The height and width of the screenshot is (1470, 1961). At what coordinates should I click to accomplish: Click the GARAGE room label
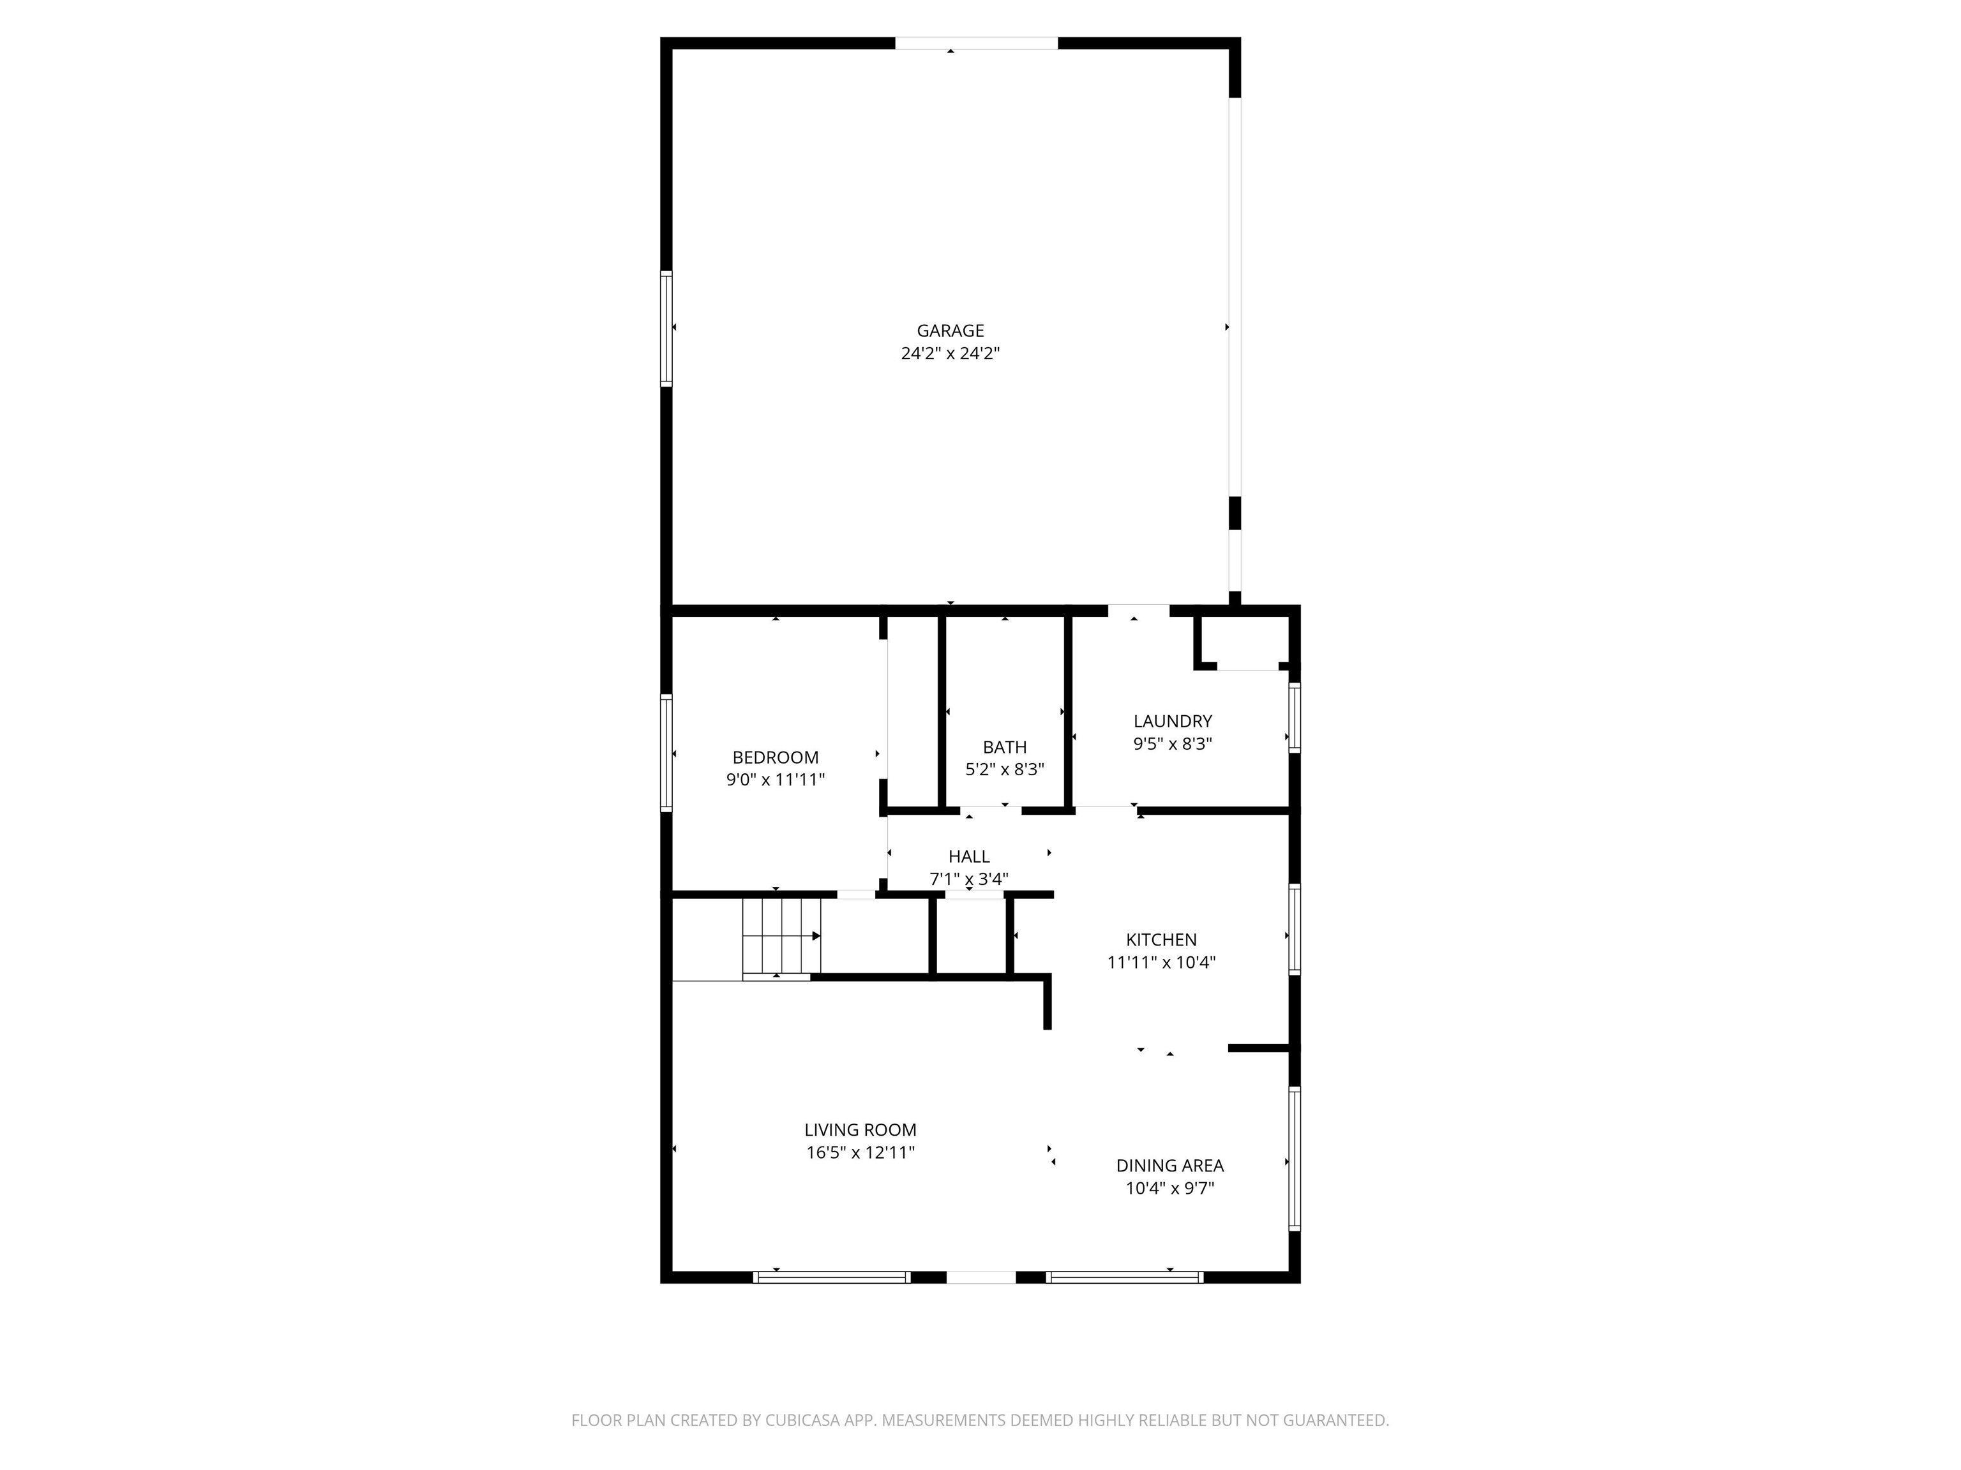pos(950,330)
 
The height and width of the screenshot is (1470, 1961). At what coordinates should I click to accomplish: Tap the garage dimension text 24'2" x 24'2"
pos(950,353)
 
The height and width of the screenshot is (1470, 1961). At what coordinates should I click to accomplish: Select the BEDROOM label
pos(776,757)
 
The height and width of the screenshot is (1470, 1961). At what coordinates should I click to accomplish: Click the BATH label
pos(1004,747)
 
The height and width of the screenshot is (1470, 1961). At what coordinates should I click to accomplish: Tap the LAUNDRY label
pos(1173,721)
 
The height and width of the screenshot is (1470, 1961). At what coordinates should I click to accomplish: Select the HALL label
pos(969,857)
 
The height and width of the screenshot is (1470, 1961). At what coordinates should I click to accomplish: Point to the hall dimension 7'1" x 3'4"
pos(969,880)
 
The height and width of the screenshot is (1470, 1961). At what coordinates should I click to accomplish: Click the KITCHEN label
pos(1161,940)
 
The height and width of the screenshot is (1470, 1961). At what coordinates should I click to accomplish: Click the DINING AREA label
pos(1170,1166)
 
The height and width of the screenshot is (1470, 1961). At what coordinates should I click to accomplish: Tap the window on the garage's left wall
pos(666,328)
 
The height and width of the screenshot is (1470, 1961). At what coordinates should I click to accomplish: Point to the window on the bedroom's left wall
pos(666,753)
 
